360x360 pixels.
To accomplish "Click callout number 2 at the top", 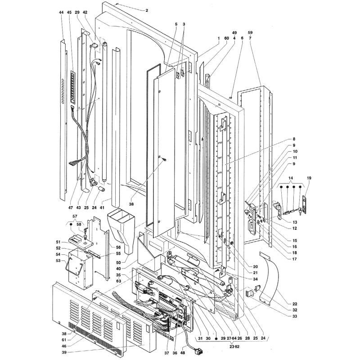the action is (x=147, y=10).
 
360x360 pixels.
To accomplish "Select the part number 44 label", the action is (x=61, y=13).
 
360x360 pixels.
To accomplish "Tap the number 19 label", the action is (x=309, y=178).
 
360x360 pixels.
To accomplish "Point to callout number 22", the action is (x=295, y=304).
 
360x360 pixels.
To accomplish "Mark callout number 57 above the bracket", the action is (x=75, y=216).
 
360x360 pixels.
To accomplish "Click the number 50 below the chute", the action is (x=125, y=262).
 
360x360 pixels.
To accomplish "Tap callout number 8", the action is (x=294, y=139).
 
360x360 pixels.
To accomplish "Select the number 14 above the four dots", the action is (x=291, y=178).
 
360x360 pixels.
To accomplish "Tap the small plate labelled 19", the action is (x=305, y=204).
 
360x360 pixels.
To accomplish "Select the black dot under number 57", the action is (x=71, y=224).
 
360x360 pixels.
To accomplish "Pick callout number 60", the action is (x=227, y=38).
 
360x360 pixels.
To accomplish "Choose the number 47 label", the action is (x=71, y=207).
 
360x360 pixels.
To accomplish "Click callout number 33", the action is (x=295, y=316).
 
